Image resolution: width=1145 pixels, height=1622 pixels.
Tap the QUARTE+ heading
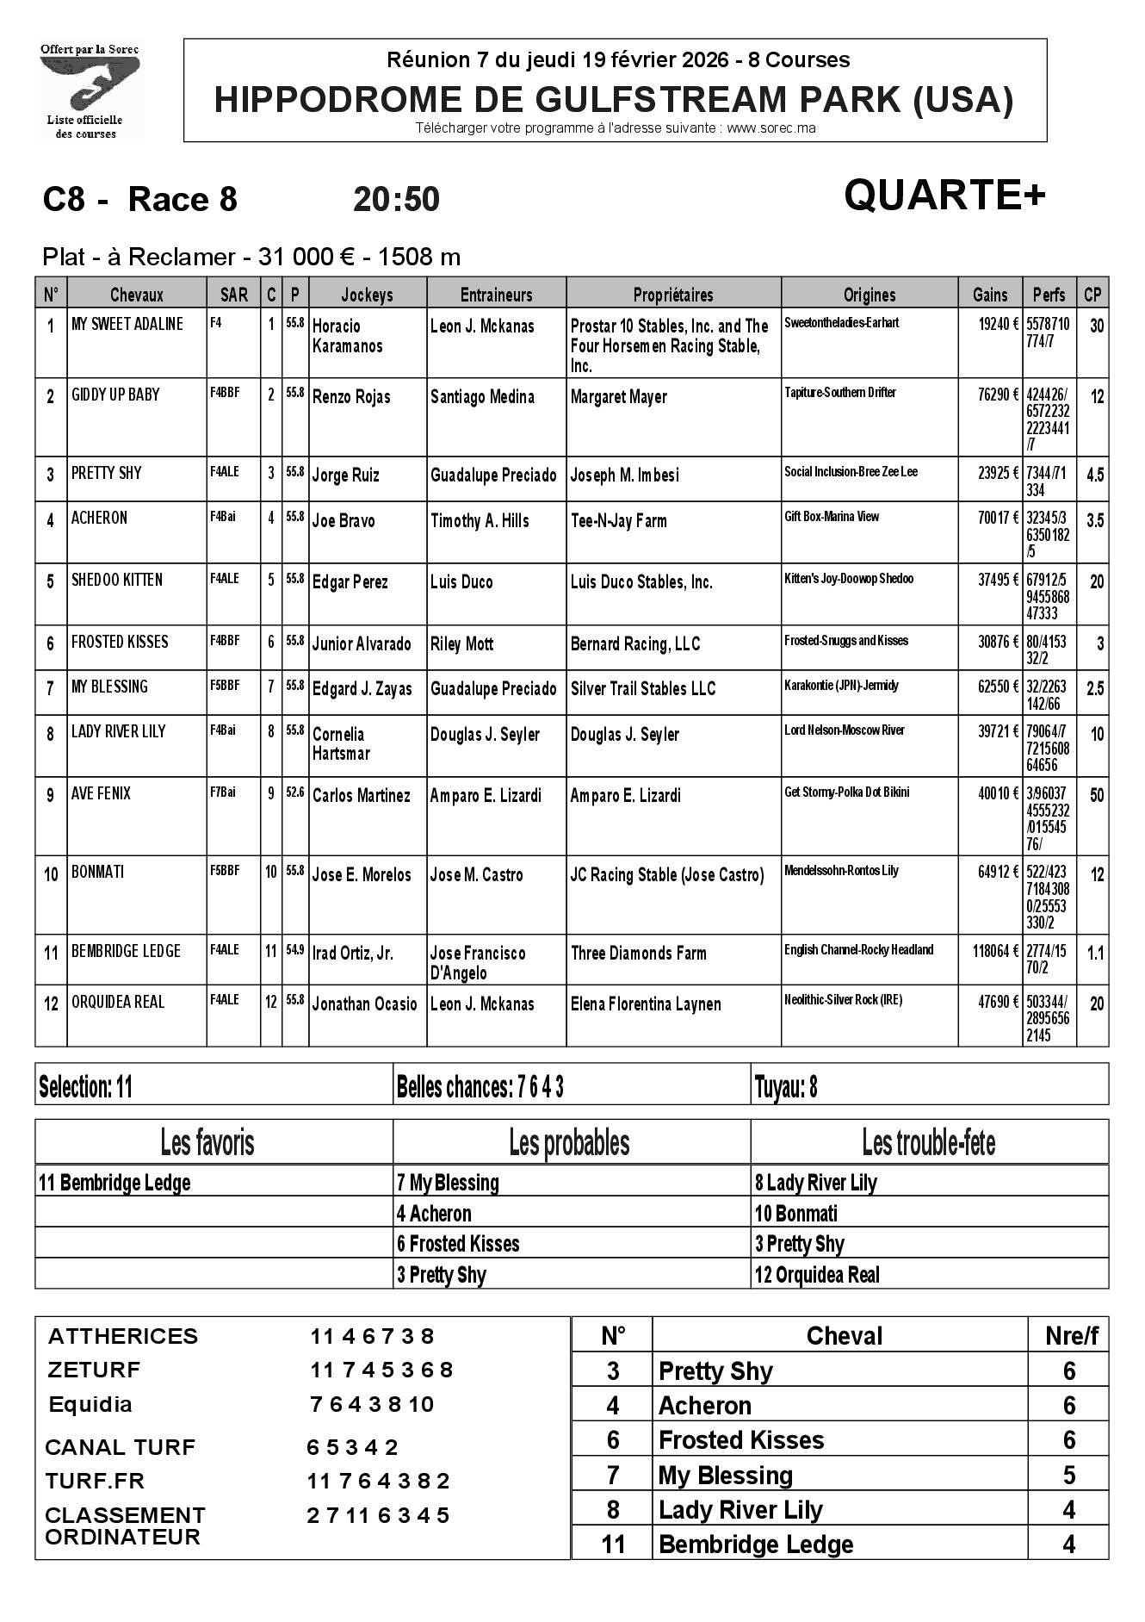(x=944, y=196)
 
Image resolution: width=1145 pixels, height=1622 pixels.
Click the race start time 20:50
(x=396, y=200)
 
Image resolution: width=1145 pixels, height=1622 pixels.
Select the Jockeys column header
(x=367, y=295)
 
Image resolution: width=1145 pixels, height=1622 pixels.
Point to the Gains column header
(x=990, y=295)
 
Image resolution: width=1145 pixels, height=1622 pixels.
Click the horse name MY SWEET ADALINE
(x=127, y=325)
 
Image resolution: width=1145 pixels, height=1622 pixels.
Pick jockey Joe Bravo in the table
(x=343, y=521)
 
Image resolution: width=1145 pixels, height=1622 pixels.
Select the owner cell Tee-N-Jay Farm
(x=618, y=521)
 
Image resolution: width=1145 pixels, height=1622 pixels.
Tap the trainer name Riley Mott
(x=463, y=644)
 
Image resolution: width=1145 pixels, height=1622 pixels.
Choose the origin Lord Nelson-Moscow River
(x=845, y=730)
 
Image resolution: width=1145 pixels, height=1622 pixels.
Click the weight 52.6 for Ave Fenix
(x=295, y=792)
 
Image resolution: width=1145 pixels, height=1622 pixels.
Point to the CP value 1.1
(x=1095, y=953)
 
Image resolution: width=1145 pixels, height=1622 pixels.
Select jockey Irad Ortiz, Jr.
(x=353, y=953)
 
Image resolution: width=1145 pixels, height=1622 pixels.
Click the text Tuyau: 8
(x=785, y=1088)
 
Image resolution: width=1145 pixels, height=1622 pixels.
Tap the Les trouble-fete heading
(x=928, y=1143)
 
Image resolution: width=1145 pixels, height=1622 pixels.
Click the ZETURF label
(x=94, y=1370)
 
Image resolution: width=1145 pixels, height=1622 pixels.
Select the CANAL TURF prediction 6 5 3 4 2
(x=353, y=1447)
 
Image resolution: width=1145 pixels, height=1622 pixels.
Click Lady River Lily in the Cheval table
(x=740, y=1510)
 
